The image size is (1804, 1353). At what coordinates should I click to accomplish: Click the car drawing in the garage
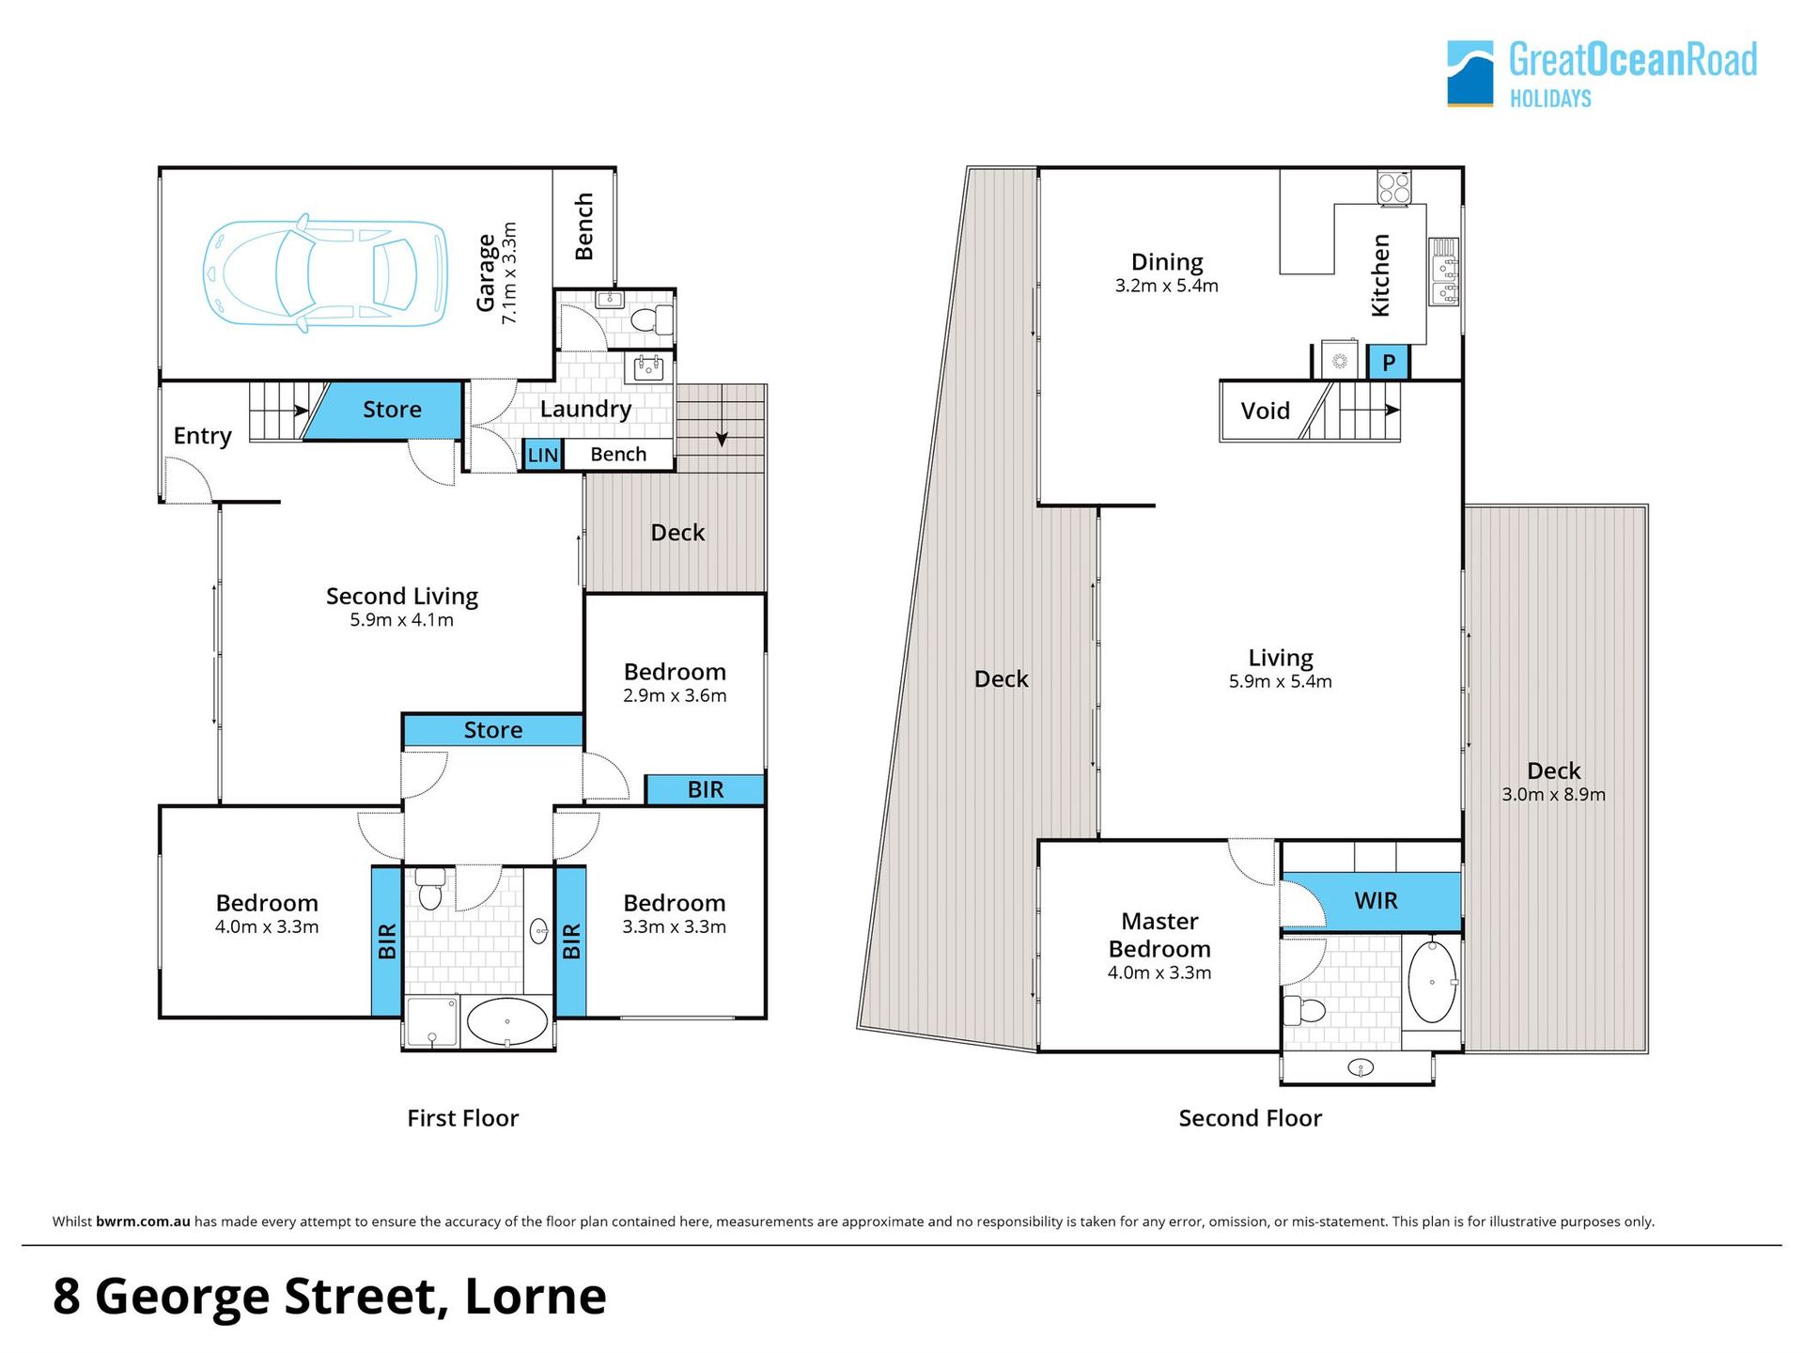pos(325,273)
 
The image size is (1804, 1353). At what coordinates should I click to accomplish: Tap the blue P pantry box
pos(1388,363)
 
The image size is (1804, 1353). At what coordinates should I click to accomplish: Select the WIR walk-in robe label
pos(1376,900)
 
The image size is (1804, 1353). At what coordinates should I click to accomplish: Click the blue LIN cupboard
pos(542,455)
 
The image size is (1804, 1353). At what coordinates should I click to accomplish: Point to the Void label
pos(1265,411)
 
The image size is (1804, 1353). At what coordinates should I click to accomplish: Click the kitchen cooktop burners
pos(1394,187)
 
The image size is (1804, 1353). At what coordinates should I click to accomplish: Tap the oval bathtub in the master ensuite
pos(1432,982)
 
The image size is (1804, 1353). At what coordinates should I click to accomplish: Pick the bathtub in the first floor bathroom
pos(507,1022)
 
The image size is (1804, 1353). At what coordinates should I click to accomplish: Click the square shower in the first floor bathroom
pos(433,1022)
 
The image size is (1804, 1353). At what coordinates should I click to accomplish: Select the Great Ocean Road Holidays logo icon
pos(1470,73)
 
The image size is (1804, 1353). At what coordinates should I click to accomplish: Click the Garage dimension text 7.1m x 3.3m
pos(509,273)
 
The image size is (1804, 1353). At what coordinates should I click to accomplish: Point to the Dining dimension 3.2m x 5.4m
pos(1167,286)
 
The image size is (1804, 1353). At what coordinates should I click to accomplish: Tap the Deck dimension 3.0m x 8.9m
pos(1554,794)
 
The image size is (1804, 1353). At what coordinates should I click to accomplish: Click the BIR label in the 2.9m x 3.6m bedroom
pos(706,789)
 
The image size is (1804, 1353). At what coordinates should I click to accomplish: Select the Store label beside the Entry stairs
pos(392,410)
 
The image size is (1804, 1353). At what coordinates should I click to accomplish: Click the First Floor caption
pos(462,1118)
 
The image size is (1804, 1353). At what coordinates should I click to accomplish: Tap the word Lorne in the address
pos(536,1297)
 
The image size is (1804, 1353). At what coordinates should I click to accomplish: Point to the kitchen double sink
pos(1444,272)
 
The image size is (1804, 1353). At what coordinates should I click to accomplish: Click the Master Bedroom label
pos(1159,935)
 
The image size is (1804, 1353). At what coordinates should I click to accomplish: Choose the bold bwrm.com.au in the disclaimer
pos(143,1221)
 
